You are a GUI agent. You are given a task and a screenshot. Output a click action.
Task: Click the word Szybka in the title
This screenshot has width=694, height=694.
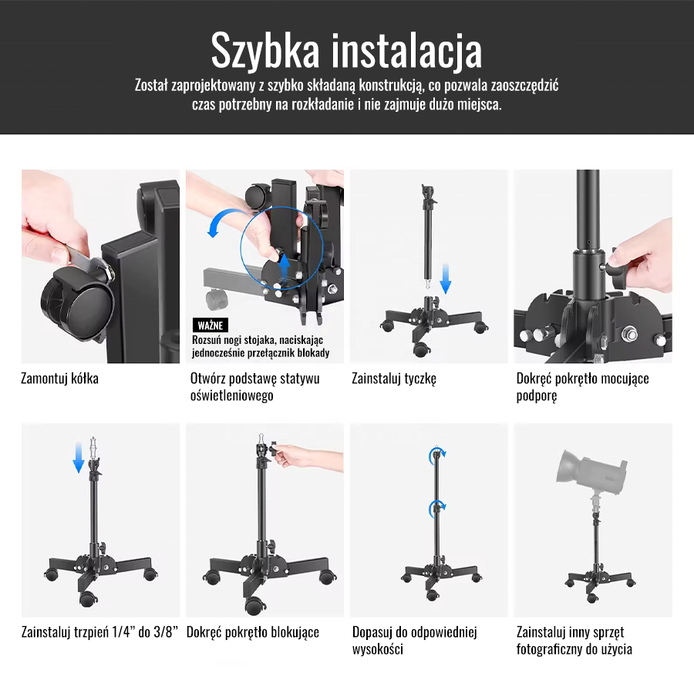point(264,51)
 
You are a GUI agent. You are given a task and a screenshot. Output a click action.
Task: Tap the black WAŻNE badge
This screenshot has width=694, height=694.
point(211,325)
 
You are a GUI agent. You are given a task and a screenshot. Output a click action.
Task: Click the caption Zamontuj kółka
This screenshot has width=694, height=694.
point(59,379)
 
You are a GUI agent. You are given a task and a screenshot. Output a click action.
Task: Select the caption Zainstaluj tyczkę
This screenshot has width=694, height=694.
point(394,379)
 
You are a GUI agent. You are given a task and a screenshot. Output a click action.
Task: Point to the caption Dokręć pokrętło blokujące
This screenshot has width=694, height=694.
point(253,632)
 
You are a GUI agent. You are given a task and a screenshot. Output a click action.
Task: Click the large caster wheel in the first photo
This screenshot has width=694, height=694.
point(76,305)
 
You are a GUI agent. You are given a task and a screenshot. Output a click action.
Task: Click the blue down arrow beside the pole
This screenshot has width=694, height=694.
point(445,278)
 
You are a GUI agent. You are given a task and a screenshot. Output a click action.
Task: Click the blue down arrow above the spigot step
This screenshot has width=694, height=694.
point(79,456)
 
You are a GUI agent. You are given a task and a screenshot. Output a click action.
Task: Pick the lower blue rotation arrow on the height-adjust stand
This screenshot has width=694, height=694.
point(437,509)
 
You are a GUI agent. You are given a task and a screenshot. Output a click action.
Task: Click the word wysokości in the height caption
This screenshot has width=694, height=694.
point(378,649)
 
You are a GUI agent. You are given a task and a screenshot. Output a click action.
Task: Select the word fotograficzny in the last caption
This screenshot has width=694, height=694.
point(549,649)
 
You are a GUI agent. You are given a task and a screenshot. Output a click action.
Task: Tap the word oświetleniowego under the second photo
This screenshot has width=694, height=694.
point(231,396)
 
